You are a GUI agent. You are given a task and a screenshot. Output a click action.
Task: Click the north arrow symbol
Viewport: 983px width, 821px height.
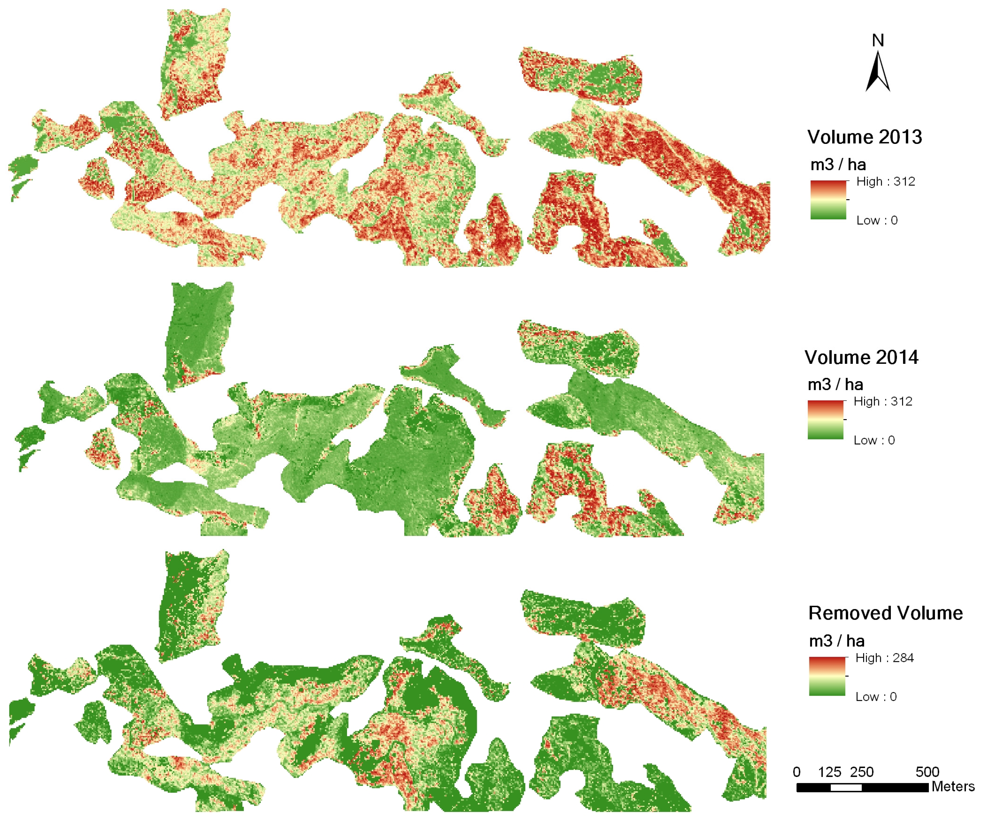pos(878,73)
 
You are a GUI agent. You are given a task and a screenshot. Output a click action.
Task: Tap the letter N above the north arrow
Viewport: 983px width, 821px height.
pos(878,41)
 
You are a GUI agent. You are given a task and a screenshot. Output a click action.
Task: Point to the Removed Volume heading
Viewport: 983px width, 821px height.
pos(885,613)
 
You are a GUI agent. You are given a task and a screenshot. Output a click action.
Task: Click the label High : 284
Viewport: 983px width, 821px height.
pos(884,658)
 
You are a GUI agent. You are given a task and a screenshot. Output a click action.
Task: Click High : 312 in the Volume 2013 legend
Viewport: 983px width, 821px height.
pos(885,182)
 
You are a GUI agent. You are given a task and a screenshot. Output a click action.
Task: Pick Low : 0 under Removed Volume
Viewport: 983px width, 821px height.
pos(876,697)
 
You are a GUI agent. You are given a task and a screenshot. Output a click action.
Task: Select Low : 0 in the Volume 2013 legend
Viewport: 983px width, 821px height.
pos(877,221)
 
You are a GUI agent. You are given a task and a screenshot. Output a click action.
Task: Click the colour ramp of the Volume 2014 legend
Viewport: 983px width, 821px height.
pos(825,420)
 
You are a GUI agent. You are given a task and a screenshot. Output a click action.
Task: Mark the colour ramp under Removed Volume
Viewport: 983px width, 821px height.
pos(827,677)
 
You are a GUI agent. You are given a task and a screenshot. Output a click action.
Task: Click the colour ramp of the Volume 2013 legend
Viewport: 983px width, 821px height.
pos(828,200)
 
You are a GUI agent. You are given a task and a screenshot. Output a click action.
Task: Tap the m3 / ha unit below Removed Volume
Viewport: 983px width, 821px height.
pos(836,641)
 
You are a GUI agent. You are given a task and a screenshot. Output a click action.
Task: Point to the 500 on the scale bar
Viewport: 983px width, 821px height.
pos(927,772)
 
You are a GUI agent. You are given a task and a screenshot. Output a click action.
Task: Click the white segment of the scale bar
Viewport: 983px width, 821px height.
pos(846,788)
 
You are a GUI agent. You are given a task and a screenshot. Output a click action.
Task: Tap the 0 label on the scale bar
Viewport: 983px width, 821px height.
pos(797,772)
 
